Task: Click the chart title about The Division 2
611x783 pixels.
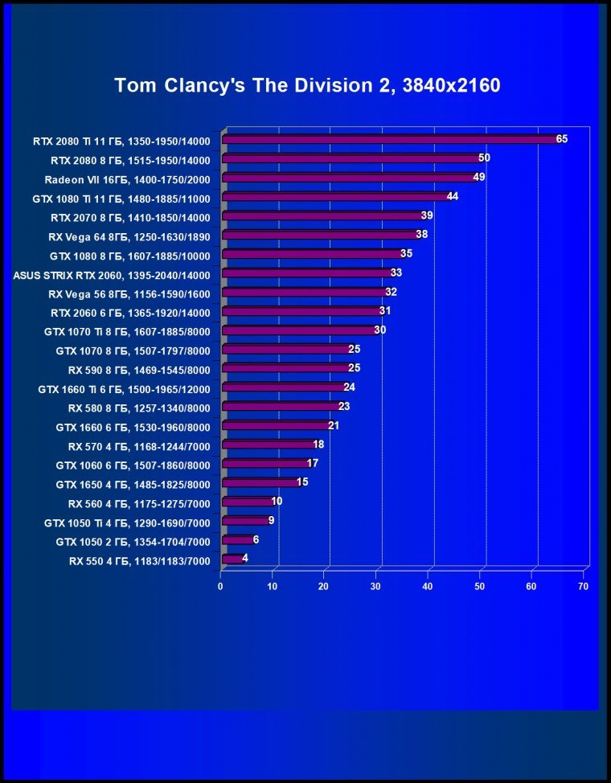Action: click(307, 85)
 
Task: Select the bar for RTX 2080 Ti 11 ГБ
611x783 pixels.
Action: click(390, 140)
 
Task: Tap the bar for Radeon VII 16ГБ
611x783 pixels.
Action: click(349, 178)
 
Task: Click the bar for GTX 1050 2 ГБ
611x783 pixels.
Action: click(236, 540)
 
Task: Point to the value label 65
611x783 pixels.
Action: click(561, 139)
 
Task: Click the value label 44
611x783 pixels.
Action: click(453, 196)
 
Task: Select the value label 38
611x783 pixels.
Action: click(421, 234)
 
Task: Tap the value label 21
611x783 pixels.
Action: click(334, 425)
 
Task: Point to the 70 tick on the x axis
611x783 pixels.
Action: click(584, 587)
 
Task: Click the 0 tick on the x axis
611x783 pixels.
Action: click(220, 587)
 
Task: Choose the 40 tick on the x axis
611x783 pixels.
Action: click(428, 587)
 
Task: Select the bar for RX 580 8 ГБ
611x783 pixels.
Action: click(281, 407)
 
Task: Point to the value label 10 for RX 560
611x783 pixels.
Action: click(277, 502)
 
